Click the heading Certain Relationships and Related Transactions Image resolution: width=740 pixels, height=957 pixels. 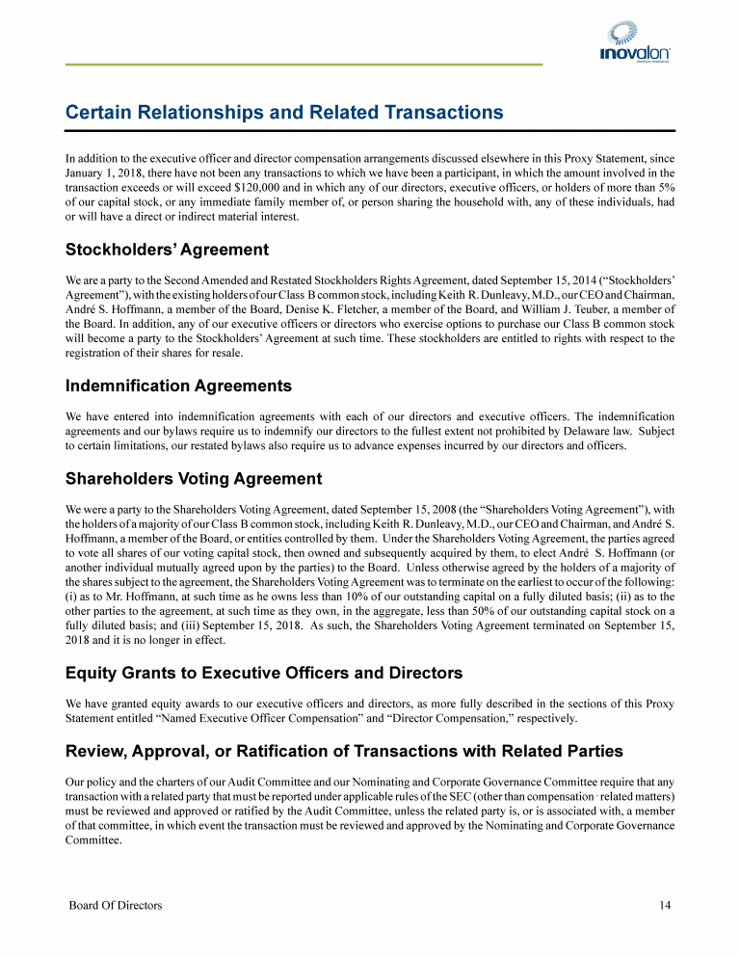pyautogui.click(x=284, y=113)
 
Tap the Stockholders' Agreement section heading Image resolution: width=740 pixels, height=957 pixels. pyautogui.click(x=167, y=251)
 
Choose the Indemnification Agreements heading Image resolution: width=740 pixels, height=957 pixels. pyautogui.click(x=178, y=386)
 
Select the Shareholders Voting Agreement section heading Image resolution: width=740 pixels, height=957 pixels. pyautogui.click(x=194, y=478)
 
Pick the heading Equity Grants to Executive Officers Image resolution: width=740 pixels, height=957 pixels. pyautogui.click(x=264, y=673)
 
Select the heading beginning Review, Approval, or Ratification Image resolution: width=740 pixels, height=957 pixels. pyautogui.click(x=344, y=751)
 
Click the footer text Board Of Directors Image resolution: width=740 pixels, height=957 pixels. pyautogui.click(x=115, y=905)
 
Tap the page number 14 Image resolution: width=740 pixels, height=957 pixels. pyautogui.click(x=665, y=905)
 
